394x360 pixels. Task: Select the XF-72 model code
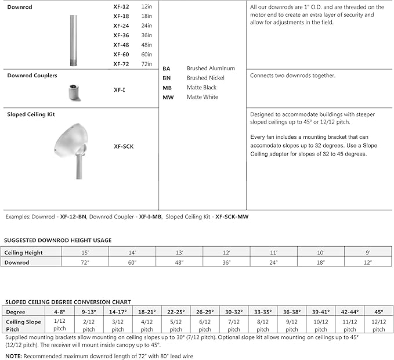click(121, 64)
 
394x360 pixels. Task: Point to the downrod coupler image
click(73, 92)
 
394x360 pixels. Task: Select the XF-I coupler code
click(119, 91)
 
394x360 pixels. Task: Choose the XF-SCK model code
click(124, 146)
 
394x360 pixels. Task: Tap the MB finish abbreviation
click(167, 88)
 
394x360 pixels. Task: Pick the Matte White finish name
click(203, 97)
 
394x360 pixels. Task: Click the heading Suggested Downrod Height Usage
click(58, 240)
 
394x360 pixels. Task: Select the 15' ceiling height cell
click(85, 253)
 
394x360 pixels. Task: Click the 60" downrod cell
click(132, 262)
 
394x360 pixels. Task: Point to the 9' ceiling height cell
click(367, 253)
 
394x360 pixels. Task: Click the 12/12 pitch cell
click(378, 325)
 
